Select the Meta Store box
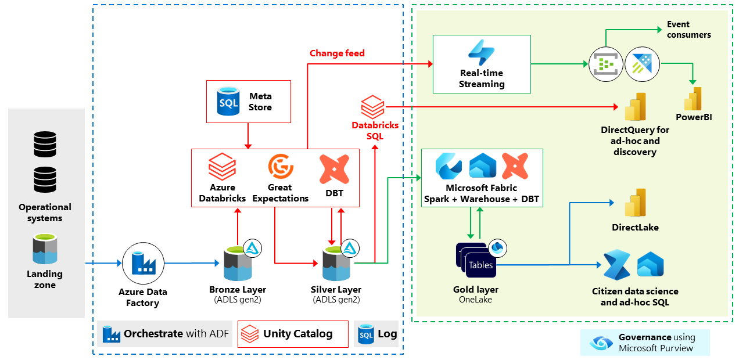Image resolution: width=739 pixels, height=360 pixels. (x=249, y=102)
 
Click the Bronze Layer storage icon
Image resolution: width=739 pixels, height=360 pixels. (x=238, y=264)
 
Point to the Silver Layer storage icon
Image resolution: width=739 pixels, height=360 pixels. (x=336, y=264)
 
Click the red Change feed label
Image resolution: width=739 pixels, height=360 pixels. (x=337, y=53)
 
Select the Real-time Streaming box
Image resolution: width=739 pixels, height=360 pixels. (x=482, y=64)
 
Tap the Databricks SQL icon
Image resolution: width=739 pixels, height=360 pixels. (x=372, y=108)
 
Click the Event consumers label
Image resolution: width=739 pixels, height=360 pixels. (x=688, y=30)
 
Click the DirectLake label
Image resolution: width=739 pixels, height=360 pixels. (x=635, y=228)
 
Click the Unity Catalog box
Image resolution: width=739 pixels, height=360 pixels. (x=293, y=334)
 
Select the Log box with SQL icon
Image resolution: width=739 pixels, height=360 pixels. (x=376, y=334)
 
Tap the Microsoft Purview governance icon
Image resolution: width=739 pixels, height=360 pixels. (x=601, y=343)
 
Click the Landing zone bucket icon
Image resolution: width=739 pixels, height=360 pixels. (x=45, y=249)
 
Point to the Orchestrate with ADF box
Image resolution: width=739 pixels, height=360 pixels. (x=164, y=334)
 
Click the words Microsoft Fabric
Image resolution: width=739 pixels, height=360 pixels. (x=481, y=188)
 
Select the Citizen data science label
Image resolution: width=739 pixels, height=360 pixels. (x=635, y=291)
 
